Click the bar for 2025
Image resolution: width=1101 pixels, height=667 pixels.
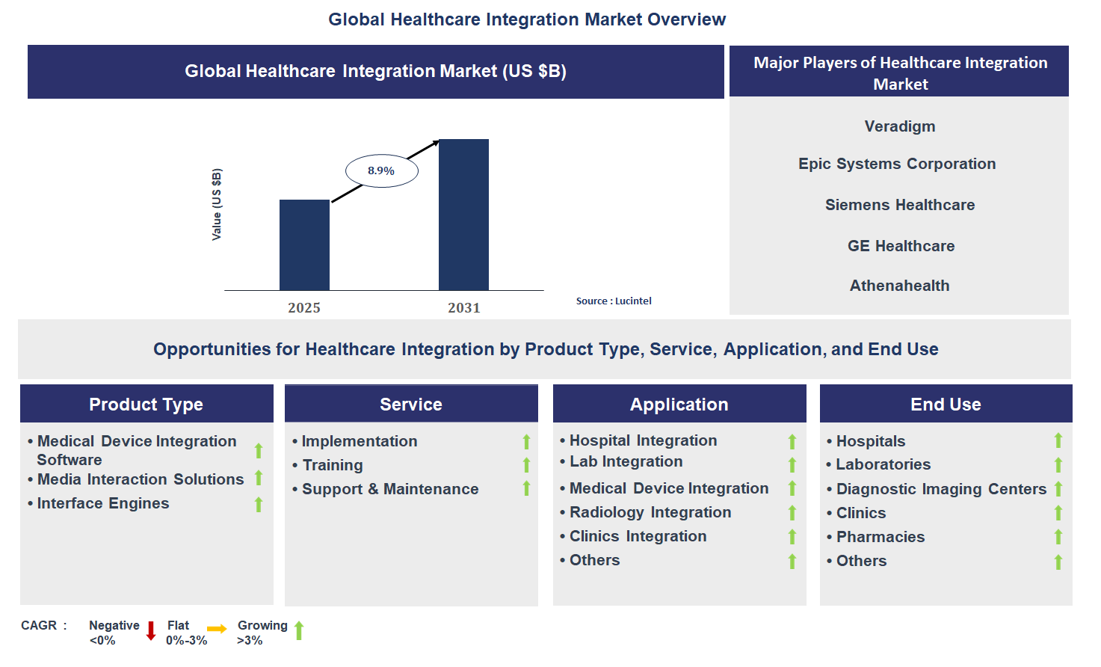coord(304,245)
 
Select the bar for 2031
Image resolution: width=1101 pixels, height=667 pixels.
coord(463,215)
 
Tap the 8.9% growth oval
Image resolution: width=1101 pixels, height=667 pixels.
coord(381,171)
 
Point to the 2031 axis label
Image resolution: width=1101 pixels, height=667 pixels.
coord(463,308)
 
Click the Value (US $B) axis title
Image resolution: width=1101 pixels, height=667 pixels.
coord(217,204)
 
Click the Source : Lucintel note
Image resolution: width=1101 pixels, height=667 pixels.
coord(614,301)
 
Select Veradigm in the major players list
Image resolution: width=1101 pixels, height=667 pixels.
coord(899,126)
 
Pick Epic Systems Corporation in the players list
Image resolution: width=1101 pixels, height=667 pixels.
coord(897,164)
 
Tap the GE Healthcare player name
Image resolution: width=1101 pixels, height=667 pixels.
coord(901,246)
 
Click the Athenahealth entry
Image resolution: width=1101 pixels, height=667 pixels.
coord(899,286)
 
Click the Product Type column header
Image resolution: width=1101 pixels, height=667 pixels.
coord(147,405)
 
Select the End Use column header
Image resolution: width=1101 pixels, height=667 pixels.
coord(946,405)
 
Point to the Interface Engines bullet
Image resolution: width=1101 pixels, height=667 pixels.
coord(103,503)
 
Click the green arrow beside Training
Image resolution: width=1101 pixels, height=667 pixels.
coord(526,465)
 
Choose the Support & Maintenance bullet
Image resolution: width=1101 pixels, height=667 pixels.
coord(389,489)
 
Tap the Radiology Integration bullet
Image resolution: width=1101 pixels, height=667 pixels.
coord(650,512)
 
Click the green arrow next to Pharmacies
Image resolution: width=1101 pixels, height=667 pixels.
coord(1058,537)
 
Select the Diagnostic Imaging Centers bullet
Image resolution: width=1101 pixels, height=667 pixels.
coord(940,489)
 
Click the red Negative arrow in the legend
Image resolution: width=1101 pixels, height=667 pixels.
coord(150,630)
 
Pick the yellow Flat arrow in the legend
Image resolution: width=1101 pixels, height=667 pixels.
coord(217,629)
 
